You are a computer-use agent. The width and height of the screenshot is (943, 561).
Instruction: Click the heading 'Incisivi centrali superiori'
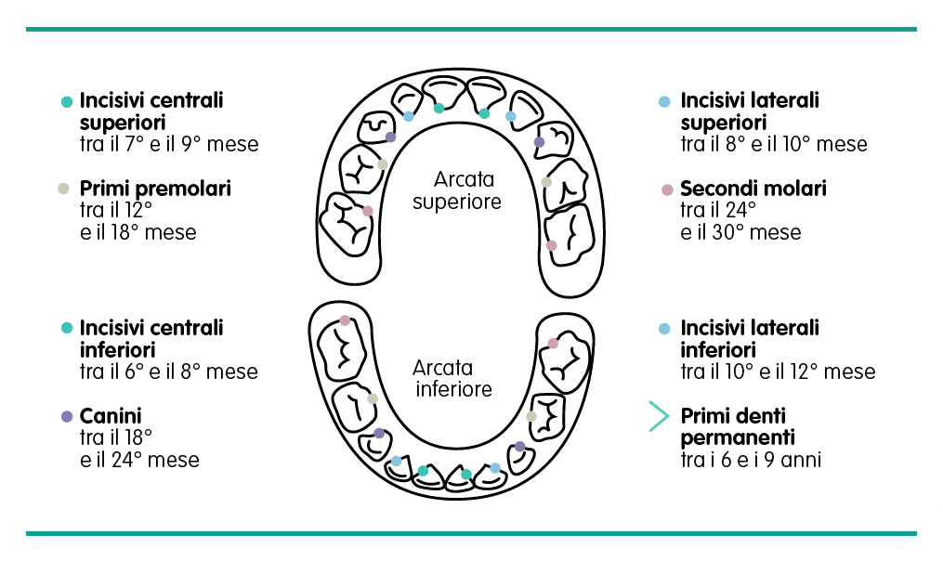(151, 111)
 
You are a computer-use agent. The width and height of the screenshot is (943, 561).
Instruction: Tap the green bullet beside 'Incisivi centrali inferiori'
(66, 328)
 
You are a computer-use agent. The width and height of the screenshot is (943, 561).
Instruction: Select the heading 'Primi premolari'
(155, 189)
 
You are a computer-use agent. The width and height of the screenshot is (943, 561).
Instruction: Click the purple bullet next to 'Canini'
(66, 416)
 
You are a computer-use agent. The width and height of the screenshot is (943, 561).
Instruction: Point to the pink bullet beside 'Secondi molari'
(666, 189)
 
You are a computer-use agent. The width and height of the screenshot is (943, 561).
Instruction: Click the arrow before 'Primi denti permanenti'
(659, 416)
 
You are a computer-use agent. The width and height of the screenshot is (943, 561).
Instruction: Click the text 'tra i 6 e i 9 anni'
(751, 460)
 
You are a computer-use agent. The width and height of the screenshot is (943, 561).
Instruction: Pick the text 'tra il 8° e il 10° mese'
(773, 144)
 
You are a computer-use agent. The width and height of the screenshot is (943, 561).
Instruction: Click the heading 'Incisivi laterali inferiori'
(750, 339)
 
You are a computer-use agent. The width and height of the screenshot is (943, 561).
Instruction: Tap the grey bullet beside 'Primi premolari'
(64, 189)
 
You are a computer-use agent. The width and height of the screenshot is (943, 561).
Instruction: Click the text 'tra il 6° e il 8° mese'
(168, 372)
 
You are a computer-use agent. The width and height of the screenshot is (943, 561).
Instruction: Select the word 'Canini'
(111, 415)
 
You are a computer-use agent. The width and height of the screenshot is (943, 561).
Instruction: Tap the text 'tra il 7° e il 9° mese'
(168, 144)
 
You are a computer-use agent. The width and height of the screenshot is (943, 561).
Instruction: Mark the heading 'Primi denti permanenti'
(739, 426)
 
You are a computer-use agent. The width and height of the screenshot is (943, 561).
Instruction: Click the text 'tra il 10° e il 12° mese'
(778, 372)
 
